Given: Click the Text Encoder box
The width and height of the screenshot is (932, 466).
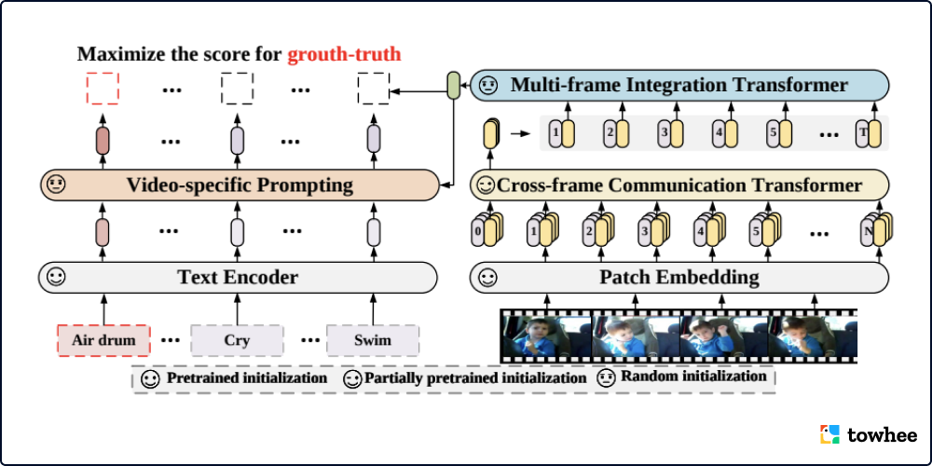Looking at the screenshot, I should (x=238, y=277).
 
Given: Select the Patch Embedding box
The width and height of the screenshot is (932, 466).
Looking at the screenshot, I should (x=678, y=277).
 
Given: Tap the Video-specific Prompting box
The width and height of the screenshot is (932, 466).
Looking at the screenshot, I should (x=240, y=185).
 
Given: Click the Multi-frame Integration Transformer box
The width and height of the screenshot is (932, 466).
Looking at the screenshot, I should (x=679, y=86).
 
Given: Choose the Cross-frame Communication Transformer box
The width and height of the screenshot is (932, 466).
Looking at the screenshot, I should (x=679, y=185).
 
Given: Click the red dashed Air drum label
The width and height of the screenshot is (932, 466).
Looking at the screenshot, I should (x=103, y=340).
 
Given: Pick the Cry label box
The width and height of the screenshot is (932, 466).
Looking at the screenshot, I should (x=237, y=340).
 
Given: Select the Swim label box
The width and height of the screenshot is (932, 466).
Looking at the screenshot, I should (x=372, y=340).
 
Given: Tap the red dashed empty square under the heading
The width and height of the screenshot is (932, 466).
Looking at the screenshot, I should (x=103, y=89).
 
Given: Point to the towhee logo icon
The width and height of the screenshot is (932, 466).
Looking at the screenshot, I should (x=829, y=434).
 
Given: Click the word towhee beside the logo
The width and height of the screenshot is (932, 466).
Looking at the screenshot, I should (x=882, y=434).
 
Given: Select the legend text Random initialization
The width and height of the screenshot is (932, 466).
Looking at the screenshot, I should (x=693, y=377).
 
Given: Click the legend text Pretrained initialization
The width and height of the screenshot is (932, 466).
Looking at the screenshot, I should (x=246, y=378).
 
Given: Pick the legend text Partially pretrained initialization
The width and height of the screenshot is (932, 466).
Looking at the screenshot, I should (x=475, y=378).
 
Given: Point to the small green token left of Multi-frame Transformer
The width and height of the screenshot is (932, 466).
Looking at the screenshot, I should (x=454, y=86).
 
